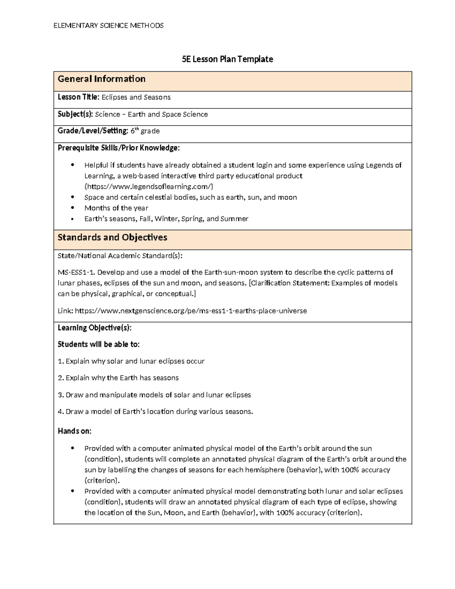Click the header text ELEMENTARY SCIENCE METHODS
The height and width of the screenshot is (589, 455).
click(108, 26)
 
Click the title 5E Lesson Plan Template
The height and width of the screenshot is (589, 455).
click(227, 59)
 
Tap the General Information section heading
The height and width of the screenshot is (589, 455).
click(101, 79)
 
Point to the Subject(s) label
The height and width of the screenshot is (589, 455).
click(75, 114)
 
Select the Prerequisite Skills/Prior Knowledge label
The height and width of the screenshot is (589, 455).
click(118, 148)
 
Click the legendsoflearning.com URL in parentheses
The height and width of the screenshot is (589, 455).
click(149, 187)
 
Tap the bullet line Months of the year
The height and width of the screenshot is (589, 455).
click(116, 208)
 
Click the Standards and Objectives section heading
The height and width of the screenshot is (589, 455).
click(112, 237)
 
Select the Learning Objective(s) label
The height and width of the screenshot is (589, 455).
click(94, 328)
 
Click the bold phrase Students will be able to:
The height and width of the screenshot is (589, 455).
click(98, 344)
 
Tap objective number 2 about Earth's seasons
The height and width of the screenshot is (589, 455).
click(118, 378)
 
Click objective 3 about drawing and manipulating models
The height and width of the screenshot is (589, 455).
click(154, 395)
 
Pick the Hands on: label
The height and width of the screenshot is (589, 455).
click(74, 431)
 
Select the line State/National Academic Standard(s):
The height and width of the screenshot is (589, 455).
click(120, 256)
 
